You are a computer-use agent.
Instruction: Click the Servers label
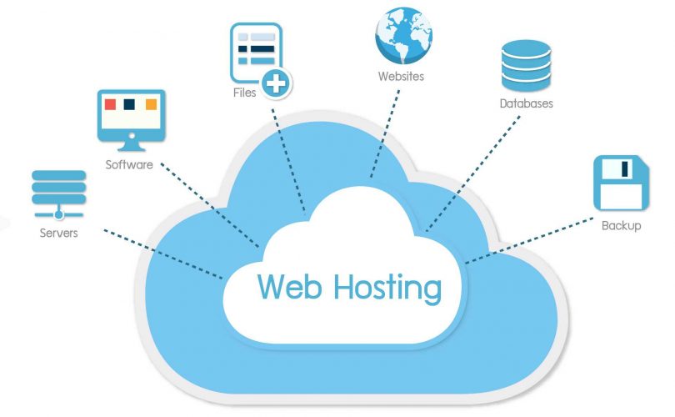[58, 233]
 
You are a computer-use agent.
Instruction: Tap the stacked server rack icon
[58, 194]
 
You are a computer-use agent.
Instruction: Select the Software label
[129, 164]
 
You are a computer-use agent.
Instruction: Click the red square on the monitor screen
[110, 104]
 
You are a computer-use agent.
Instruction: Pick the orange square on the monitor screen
[151, 104]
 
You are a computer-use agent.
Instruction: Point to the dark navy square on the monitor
[129, 104]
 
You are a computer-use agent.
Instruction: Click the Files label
[244, 93]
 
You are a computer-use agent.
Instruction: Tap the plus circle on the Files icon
[276, 83]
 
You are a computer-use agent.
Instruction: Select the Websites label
[401, 76]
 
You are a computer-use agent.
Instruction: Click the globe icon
[403, 35]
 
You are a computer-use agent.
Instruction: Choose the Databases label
[526, 103]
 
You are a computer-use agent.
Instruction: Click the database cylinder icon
[526, 66]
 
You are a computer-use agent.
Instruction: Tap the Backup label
[621, 225]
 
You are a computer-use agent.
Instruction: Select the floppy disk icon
[621, 183]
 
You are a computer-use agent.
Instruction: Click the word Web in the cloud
[289, 286]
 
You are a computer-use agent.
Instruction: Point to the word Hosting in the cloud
[387, 289]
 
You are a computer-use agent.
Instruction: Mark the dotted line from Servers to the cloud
[163, 254]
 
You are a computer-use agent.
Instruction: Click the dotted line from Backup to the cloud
[529, 241]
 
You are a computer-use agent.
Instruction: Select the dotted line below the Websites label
[384, 133]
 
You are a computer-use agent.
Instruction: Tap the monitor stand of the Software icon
[132, 147]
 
